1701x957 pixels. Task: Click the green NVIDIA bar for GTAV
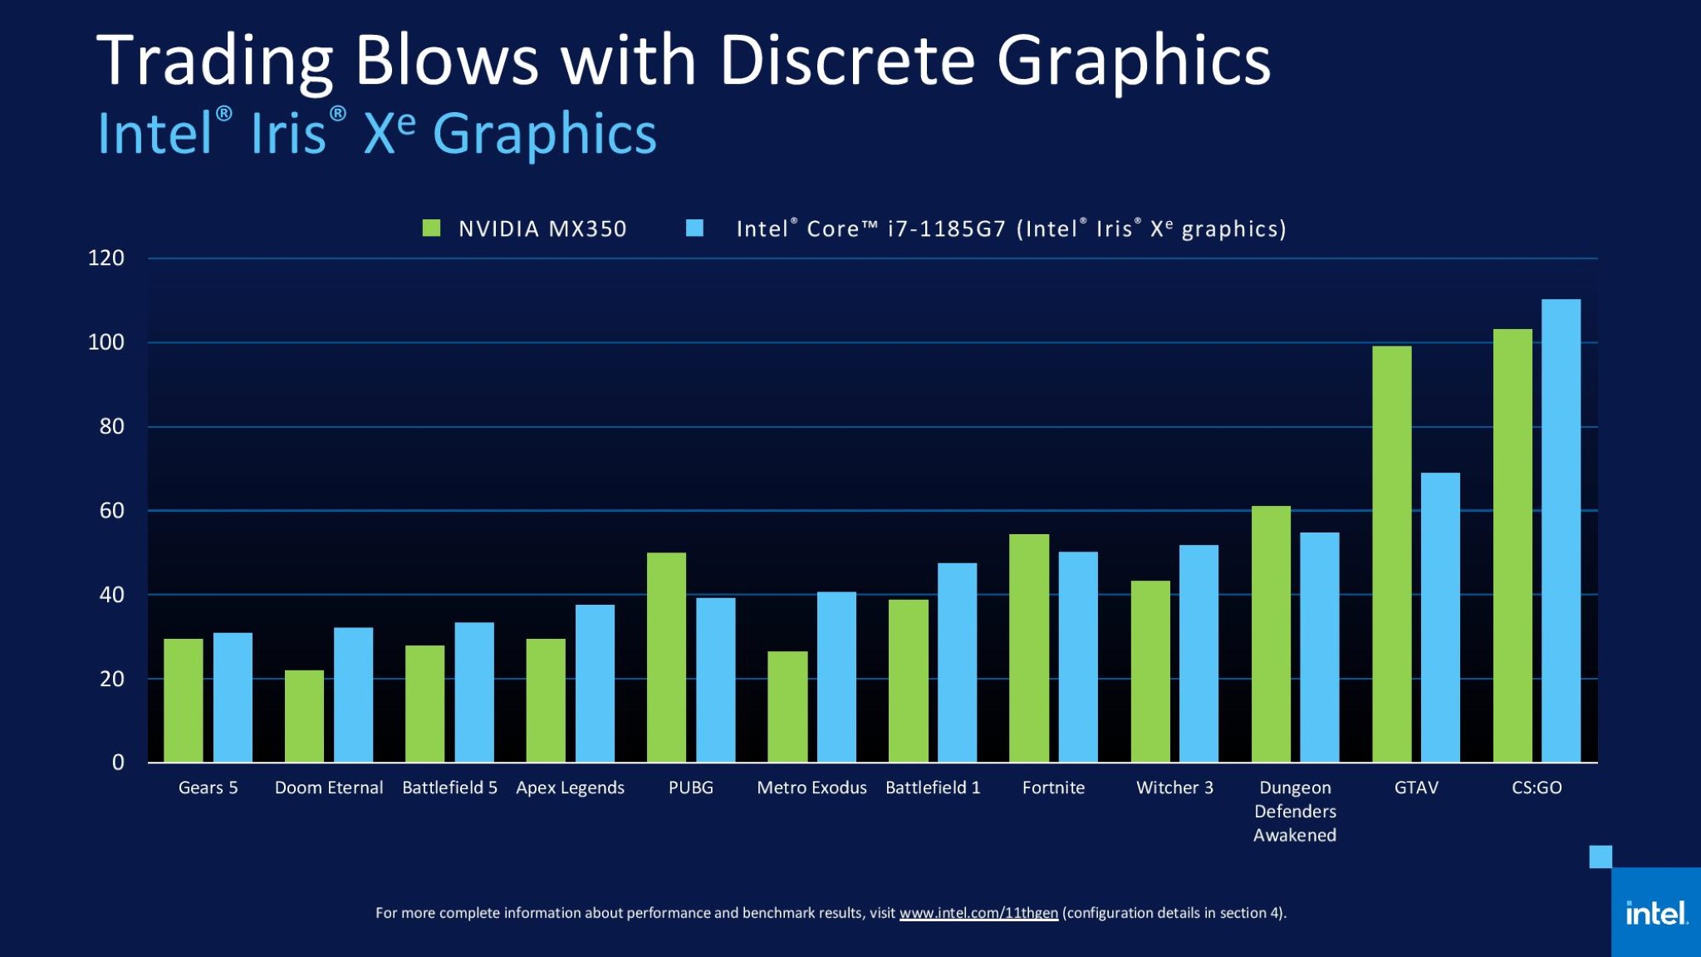1391,554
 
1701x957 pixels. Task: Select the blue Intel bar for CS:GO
1561,531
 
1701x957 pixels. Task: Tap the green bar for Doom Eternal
304,716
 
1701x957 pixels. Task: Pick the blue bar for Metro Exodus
836,677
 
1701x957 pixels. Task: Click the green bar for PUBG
666,657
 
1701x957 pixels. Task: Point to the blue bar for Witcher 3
1199,654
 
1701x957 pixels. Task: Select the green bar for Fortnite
1029,648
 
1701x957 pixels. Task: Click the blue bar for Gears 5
233,698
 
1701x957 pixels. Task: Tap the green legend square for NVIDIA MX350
431,228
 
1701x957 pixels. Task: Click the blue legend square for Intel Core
695,228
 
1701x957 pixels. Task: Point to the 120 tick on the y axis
106,258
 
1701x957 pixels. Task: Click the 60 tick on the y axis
111,511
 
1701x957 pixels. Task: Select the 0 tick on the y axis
118,763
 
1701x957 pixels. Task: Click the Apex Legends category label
570,788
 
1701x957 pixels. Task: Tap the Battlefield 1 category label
933,788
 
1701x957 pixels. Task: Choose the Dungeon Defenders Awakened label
1295,811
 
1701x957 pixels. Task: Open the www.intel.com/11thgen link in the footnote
978,913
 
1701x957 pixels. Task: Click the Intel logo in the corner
1656,914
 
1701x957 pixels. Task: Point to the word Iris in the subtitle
288,134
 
